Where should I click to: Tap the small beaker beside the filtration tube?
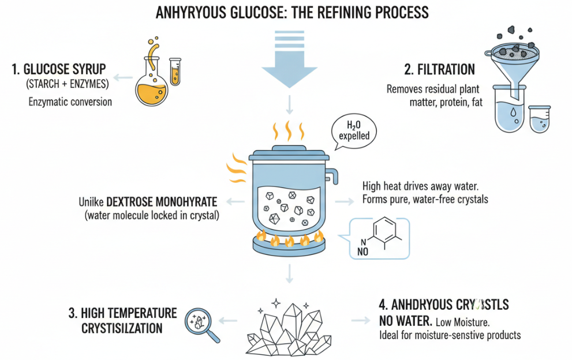pyautogui.click(x=540, y=119)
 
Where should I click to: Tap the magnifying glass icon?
pyautogui.click(x=199, y=322)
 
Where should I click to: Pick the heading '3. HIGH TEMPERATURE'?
pyautogui.click(x=122, y=313)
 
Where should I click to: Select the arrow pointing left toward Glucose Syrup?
pyautogui.click(x=121, y=77)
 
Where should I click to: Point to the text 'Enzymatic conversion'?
pyautogui.click(x=70, y=102)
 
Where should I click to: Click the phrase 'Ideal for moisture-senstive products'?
pyautogui.click(x=450, y=335)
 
